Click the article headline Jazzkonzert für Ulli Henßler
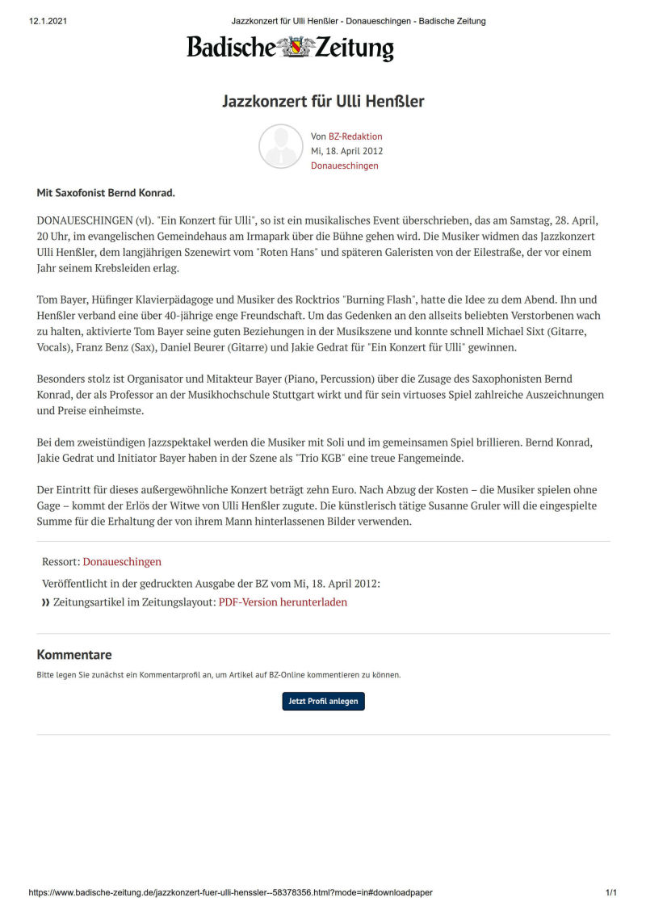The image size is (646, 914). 323,102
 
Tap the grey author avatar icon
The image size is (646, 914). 280,146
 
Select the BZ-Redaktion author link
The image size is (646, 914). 355,136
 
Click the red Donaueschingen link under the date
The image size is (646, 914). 344,166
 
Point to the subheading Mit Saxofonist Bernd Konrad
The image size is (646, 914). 106,194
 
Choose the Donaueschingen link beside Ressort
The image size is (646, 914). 122,561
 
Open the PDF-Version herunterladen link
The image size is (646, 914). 283,602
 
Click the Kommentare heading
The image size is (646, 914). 74,655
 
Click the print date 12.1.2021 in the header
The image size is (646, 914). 47,21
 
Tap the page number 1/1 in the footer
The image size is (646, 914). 611,893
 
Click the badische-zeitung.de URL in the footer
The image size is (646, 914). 230,893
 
